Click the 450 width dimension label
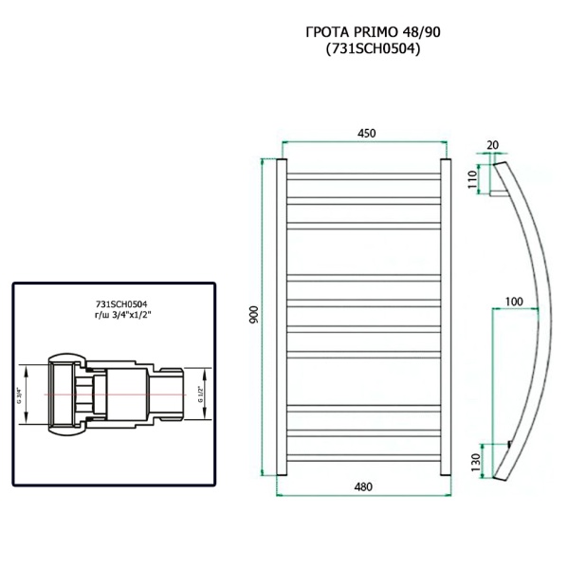coord(363,134)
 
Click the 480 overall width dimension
coord(363,486)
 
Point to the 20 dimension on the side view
coord(491,145)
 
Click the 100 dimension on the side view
coord(514,301)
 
